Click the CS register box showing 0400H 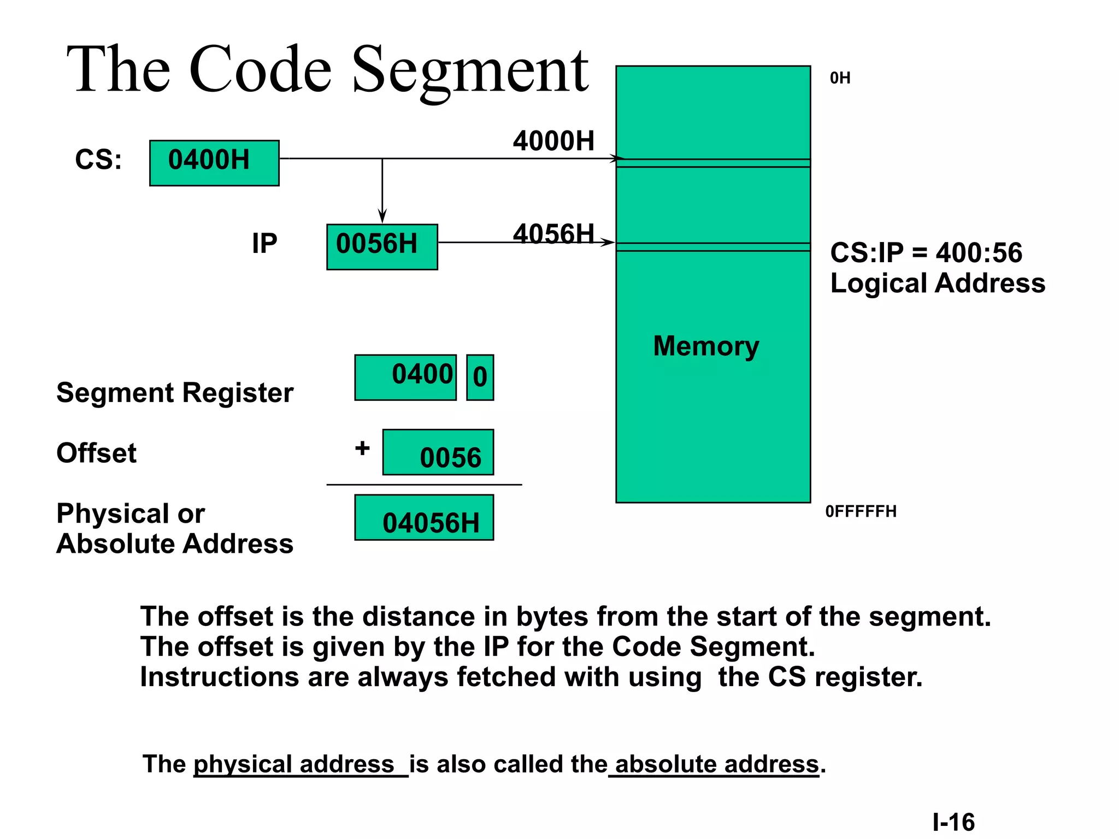[214, 163]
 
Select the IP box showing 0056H [382, 246]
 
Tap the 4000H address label [553, 141]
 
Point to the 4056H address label [553, 233]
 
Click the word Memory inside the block [706, 346]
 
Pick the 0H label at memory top [840, 78]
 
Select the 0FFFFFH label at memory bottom [861, 511]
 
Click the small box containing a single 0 [480, 377]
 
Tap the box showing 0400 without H [405, 377]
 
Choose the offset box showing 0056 [438, 452]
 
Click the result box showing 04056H [424, 518]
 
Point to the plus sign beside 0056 [362, 448]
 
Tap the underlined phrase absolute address [716, 764]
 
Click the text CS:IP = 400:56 [926, 253]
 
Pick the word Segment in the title [470, 71]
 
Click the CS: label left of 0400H [98, 160]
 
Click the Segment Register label [175, 393]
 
